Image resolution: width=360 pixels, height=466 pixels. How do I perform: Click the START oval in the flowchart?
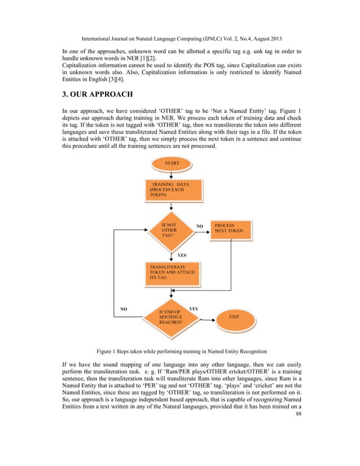click(x=172, y=163)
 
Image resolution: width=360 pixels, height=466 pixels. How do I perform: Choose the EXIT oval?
click(x=234, y=317)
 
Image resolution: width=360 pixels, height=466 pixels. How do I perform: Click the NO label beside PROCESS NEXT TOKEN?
click(x=199, y=226)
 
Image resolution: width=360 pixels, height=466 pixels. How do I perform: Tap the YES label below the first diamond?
click(x=182, y=255)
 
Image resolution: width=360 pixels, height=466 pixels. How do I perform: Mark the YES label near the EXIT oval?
click(x=194, y=309)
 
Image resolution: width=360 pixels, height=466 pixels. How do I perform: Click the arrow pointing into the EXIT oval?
click(x=208, y=317)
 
